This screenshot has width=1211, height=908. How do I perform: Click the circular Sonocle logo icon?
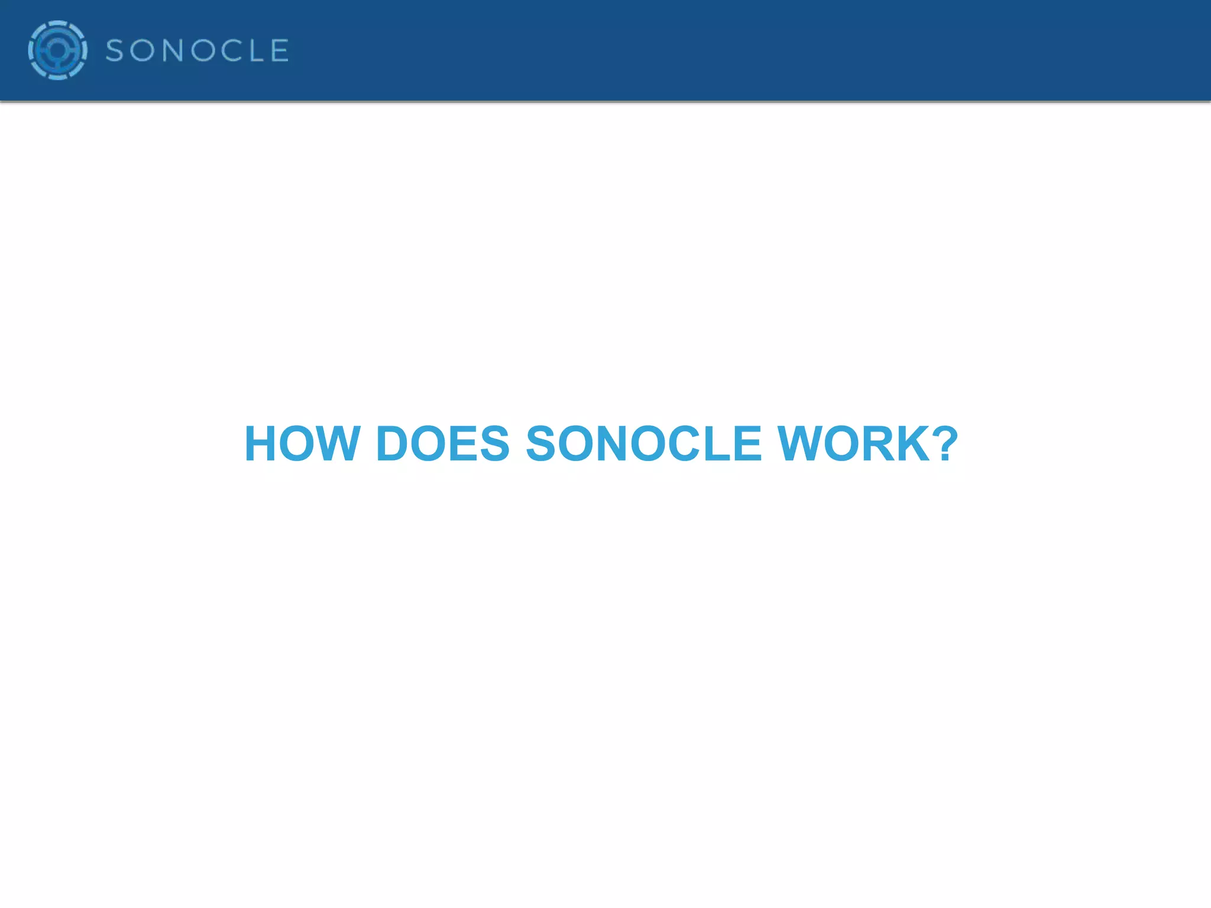(x=57, y=50)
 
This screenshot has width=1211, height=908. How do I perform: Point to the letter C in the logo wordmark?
(x=234, y=51)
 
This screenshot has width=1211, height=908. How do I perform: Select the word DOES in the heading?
(x=442, y=444)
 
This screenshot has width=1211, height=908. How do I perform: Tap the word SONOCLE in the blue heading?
(x=643, y=444)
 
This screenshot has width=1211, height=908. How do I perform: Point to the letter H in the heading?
(x=260, y=444)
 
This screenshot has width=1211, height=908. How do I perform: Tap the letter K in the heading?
(x=913, y=444)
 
